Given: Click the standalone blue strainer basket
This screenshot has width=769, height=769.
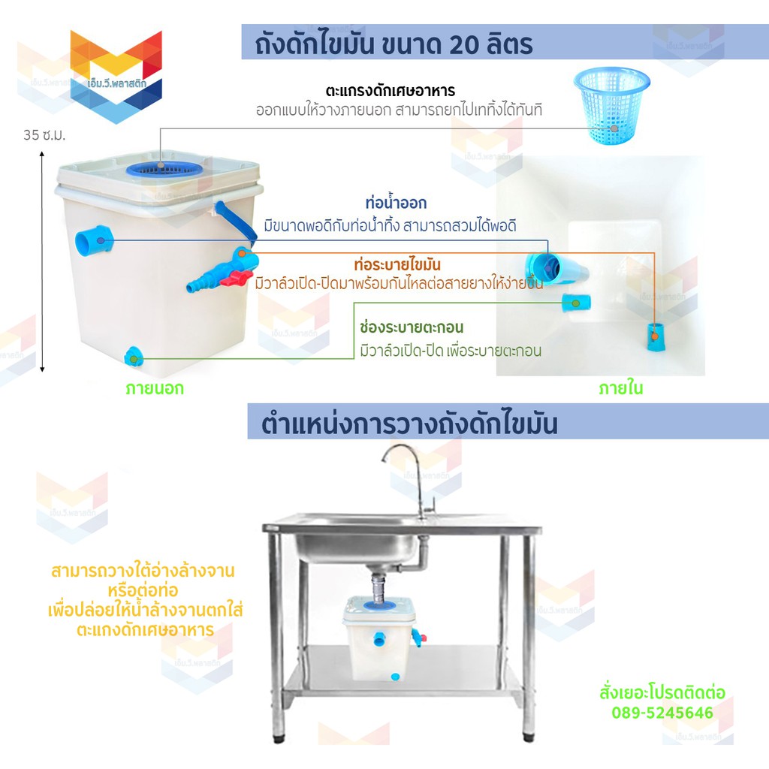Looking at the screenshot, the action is pos(611,105).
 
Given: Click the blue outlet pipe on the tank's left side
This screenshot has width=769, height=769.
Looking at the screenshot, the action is pos(94,240).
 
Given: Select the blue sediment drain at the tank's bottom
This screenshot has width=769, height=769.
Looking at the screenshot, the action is pos(133,357).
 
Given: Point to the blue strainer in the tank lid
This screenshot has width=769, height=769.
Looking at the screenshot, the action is pos(164,169).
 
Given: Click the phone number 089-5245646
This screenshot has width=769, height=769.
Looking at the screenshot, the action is pos(662,713).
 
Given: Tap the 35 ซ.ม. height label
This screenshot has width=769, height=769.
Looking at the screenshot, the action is pos(44,135).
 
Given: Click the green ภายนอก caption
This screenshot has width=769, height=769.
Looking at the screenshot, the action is pos(155,388).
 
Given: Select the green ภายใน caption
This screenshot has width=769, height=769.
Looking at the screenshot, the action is pos(620,388).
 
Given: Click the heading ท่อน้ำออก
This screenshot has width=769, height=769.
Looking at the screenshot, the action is pos(396,203).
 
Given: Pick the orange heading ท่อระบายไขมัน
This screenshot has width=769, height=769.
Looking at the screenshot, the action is pos(397,265).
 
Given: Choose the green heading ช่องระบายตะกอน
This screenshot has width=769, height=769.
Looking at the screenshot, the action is pos(412,327).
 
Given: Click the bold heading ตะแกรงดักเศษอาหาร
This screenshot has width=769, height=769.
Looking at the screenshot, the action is pos(391,91).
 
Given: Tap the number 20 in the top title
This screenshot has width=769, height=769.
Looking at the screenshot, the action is pos(463,44).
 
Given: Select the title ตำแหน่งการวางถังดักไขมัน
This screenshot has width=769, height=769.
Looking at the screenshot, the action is pos(409,424).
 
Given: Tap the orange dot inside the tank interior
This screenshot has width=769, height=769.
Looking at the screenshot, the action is pos(654,336).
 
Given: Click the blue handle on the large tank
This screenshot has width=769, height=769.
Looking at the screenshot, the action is pos(234,222).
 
